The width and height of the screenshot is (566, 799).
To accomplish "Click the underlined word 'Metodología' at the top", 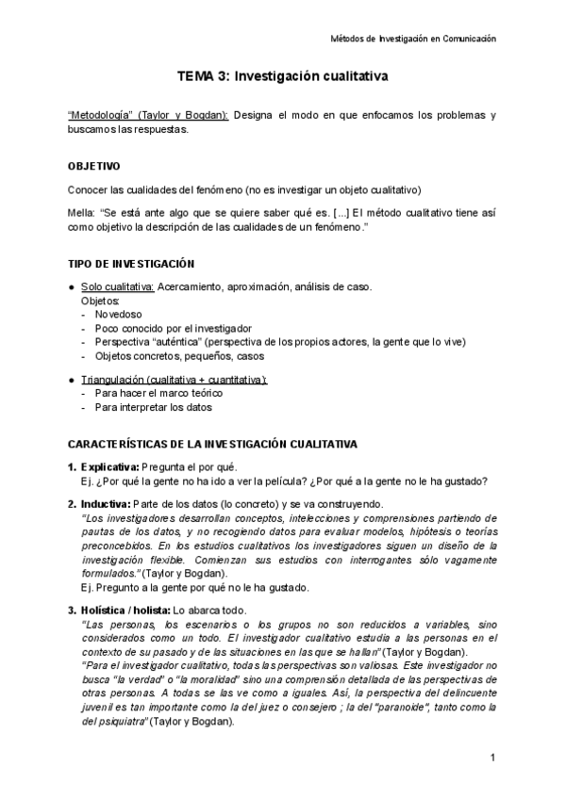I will click(x=100, y=115).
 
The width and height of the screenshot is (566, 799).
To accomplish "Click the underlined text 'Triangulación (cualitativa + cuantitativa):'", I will click(x=175, y=379).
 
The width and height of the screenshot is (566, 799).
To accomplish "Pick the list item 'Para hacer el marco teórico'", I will click(x=159, y=393).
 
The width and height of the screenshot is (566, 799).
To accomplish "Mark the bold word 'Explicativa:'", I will click(x=110, y=467).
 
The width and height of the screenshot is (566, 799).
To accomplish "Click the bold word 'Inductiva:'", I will click(x=107, y=504).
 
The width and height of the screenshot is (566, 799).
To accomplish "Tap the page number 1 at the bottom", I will click(x=492, y=758).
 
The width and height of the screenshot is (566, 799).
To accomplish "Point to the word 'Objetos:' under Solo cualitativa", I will click(x=101, y=300).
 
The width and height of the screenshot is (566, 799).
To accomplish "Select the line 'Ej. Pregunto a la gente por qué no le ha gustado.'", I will click(x=195, y=586).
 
